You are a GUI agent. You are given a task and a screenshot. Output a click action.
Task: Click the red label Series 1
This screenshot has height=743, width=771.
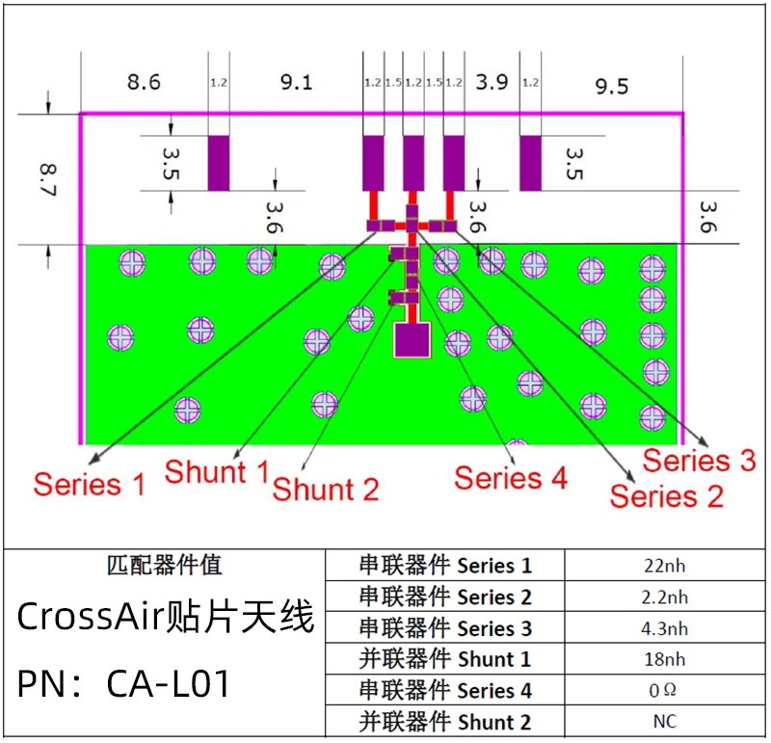coord(90,484)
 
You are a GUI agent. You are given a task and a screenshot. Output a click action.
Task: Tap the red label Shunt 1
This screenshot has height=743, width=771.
coord(217,472)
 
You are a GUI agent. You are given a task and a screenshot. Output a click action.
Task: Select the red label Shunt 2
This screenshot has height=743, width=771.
coord(326,490)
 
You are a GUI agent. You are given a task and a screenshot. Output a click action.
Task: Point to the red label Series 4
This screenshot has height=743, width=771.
coord(511,478)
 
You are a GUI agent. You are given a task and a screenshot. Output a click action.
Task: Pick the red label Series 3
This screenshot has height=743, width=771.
coord(700,461)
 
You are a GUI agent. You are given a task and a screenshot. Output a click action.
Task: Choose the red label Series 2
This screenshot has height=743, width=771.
coord(667,495)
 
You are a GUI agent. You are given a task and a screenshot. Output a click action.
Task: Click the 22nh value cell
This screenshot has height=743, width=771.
coord(665,566)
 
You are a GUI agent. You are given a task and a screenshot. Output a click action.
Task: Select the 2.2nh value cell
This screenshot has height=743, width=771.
coord(665,597)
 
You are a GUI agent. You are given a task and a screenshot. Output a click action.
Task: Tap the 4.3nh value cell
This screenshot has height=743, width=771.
coord(665,628)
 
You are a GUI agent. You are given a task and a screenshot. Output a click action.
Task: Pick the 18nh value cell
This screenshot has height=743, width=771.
coord(665,659)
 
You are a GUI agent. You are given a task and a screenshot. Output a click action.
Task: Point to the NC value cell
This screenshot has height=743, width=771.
coord(665,722)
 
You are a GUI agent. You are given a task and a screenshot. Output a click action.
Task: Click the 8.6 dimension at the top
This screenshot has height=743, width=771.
coord(144,82)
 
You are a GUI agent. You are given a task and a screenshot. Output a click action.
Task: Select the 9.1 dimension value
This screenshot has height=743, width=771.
coord(297,82)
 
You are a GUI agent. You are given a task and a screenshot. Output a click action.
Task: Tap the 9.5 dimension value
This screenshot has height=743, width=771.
coord(612,86)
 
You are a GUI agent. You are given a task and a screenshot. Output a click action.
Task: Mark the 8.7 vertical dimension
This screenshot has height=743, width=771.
coord(48,180)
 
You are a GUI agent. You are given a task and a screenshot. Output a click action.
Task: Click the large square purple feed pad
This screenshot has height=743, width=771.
coord(412,339)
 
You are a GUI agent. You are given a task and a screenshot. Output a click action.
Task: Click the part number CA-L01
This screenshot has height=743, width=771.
coord(168,683)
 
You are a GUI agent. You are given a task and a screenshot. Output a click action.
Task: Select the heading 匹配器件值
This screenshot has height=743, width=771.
coord(165,565)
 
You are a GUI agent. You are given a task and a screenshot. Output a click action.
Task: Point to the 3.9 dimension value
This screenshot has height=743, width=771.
coord(492,82)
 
